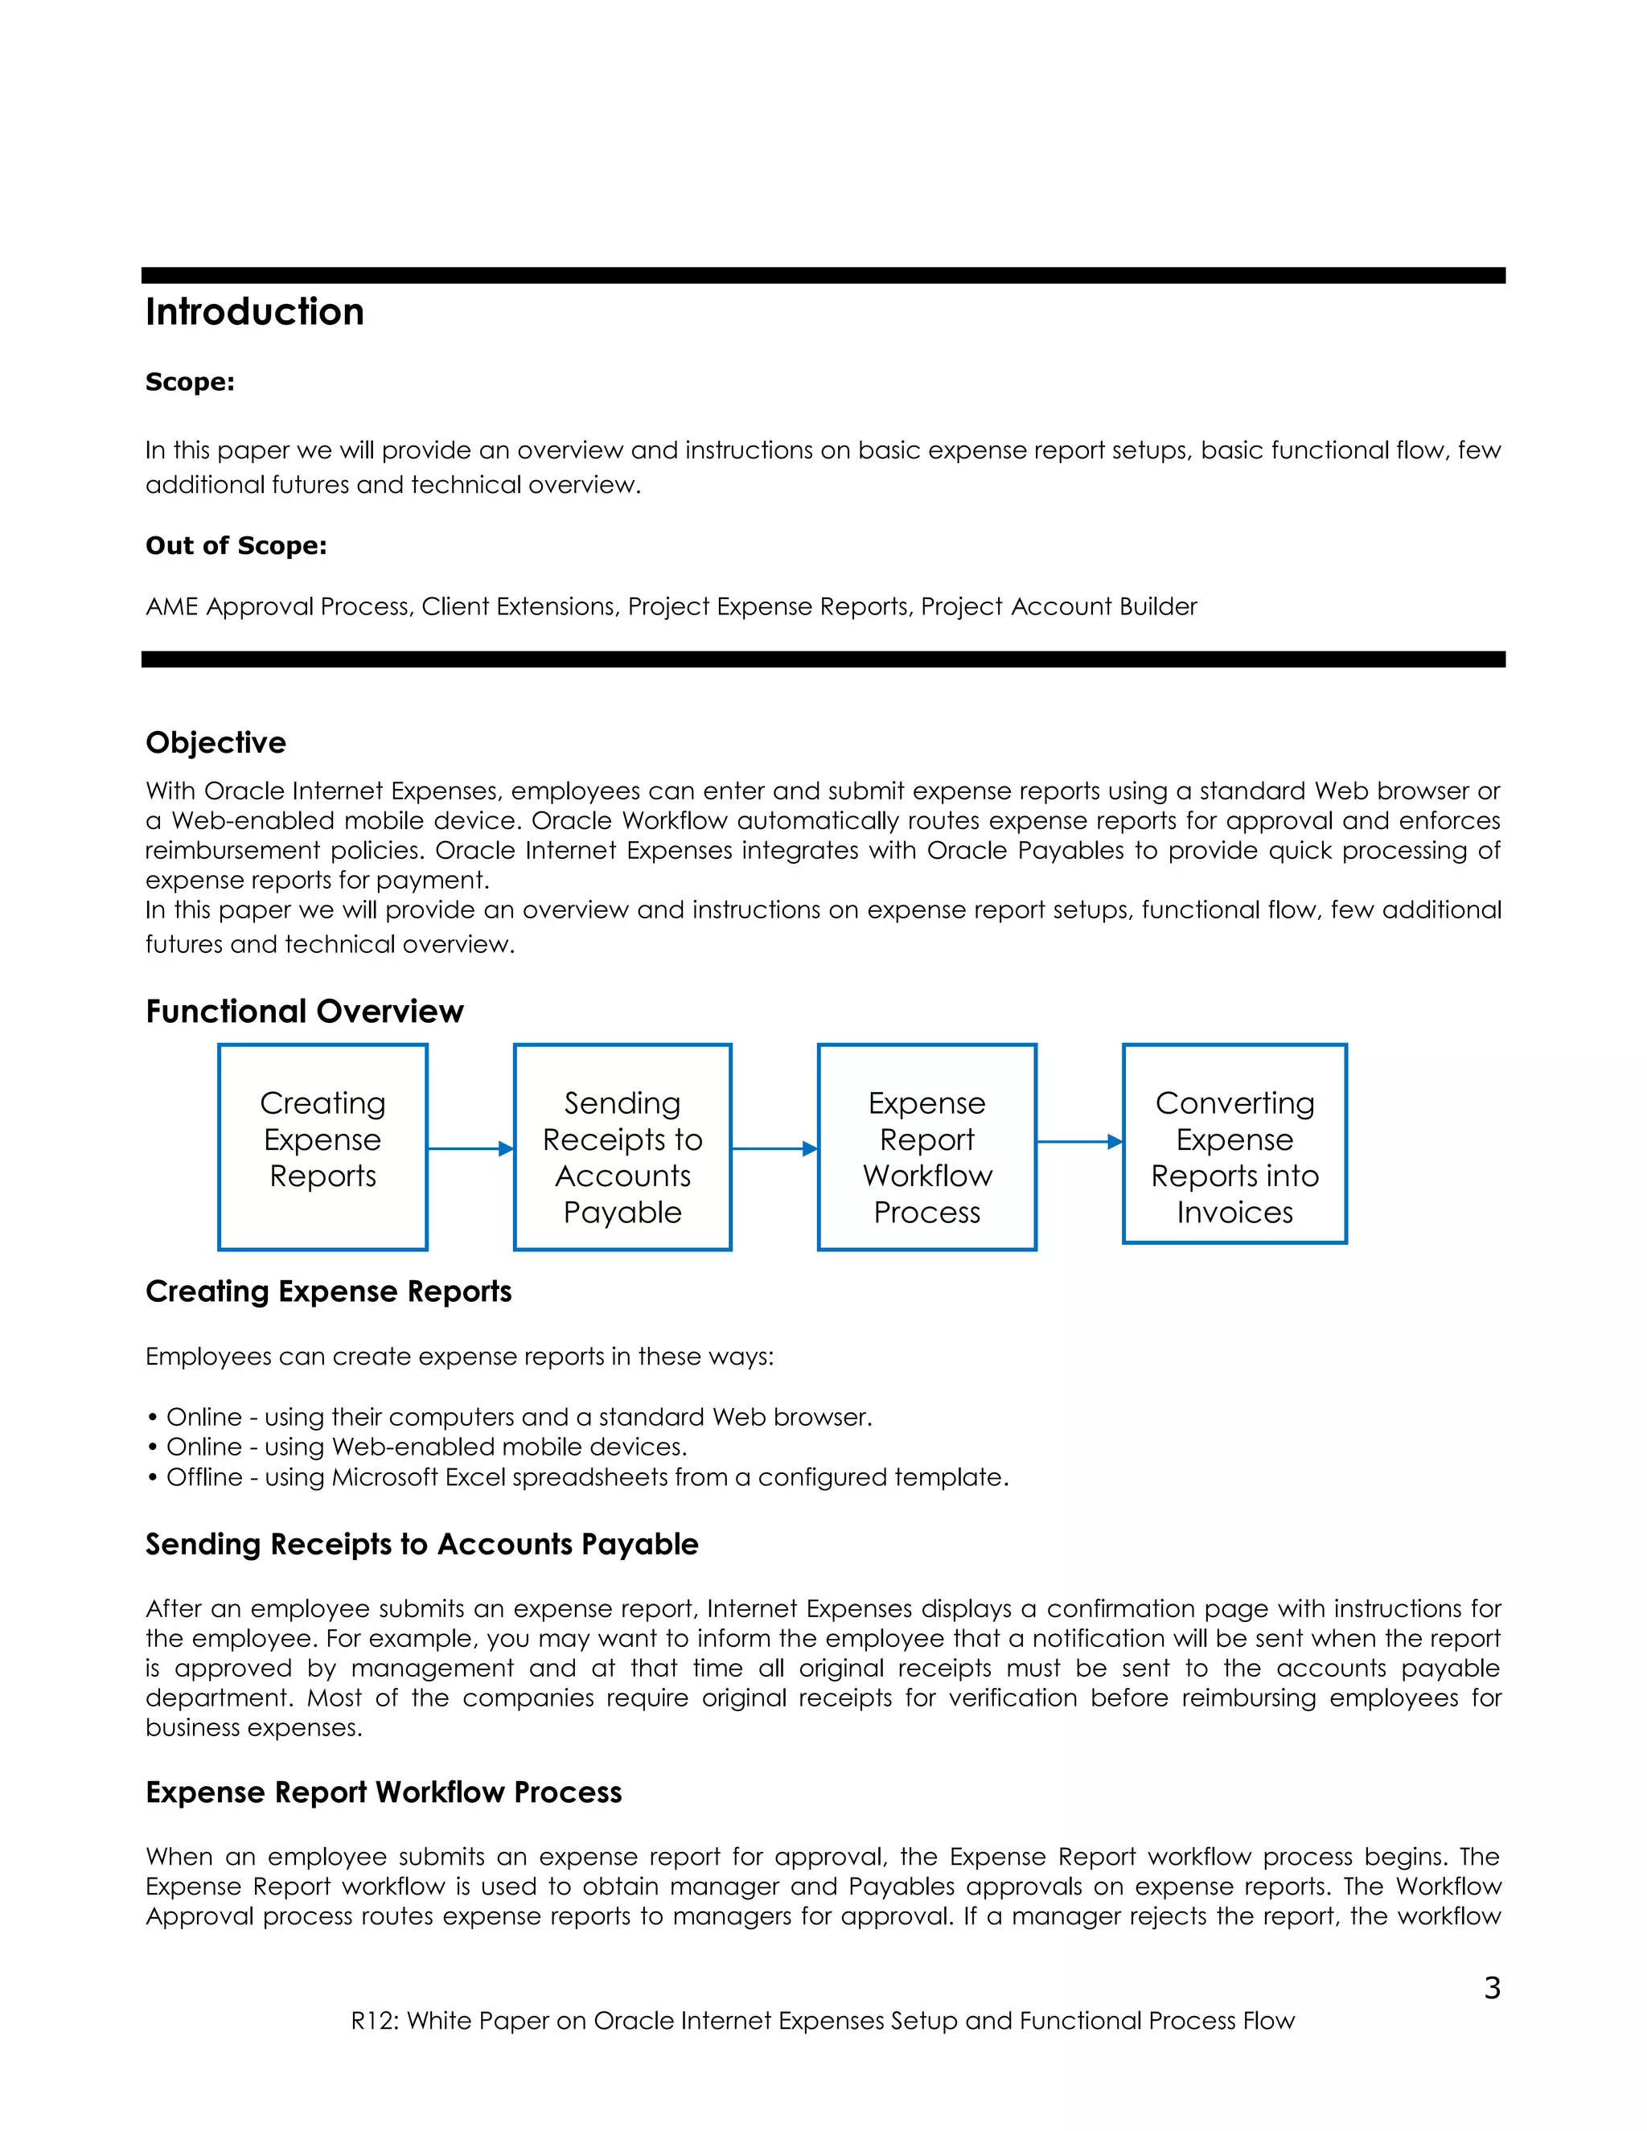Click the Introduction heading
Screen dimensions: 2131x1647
(x=255, y=312)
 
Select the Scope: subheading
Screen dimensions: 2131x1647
(x=191, y=383)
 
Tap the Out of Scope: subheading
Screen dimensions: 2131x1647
(x=236, y=546)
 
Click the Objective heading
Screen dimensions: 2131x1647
(x=216, y=744)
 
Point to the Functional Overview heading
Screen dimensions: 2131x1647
(x=305, y=1012)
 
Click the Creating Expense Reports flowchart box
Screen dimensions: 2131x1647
(x=323, y=1147)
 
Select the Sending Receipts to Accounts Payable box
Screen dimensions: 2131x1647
(x=622, y=1147)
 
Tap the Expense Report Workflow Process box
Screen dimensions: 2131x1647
(x=927, y=1147)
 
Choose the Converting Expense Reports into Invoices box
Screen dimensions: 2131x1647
(x=1234, y=1144)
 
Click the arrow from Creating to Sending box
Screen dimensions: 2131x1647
(x=470, y=1148)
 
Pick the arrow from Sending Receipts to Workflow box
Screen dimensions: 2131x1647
(x=774, y=1148)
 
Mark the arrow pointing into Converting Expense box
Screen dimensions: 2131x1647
(x=1079, y=1142)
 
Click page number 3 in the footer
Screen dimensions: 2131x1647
(x=1492, y=1988)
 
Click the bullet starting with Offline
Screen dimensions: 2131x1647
(x=577, y=1477)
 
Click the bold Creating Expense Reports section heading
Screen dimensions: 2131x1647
(x=329, y=1292)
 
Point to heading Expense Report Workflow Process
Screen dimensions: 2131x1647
(x=384, y=1792)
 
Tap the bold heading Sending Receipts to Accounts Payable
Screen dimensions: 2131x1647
(x=421, y=1545)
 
